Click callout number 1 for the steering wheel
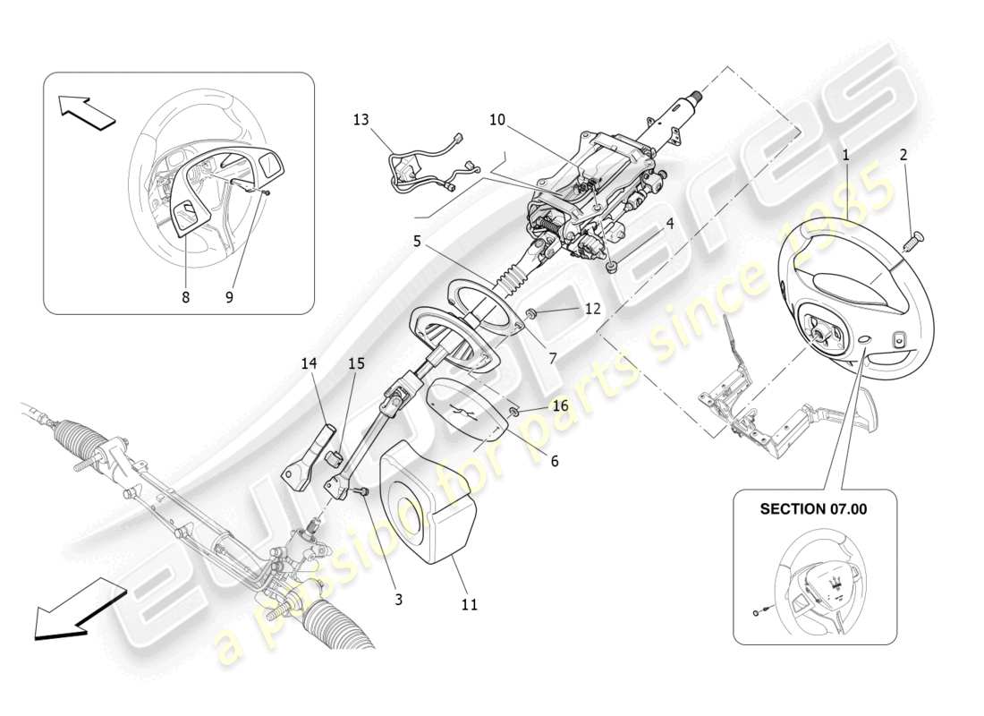pos(844,155)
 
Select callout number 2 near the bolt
pos(903,155)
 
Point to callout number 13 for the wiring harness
pos(360,118)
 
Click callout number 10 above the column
pos(497,118)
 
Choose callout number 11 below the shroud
pos(470,604)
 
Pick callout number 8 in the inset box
pos(186,298)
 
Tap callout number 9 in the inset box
pos(229,298)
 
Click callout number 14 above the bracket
pos(310,364)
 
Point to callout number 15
pos(356,364)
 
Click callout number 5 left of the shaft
pos(417,240)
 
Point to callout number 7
pos(553,358)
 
